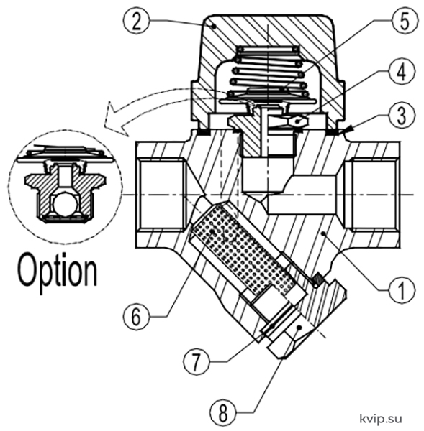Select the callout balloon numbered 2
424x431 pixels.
click(136, 21)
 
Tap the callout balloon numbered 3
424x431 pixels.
click(401, 115)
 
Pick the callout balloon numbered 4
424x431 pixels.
click(401, 72)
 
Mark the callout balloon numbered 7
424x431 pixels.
click(196, 362)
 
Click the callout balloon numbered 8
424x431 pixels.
click(222, 412)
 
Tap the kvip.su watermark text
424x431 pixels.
click(381, 419)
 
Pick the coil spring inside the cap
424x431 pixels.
click(268, 72)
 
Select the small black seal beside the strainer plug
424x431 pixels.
click(318, 279)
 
